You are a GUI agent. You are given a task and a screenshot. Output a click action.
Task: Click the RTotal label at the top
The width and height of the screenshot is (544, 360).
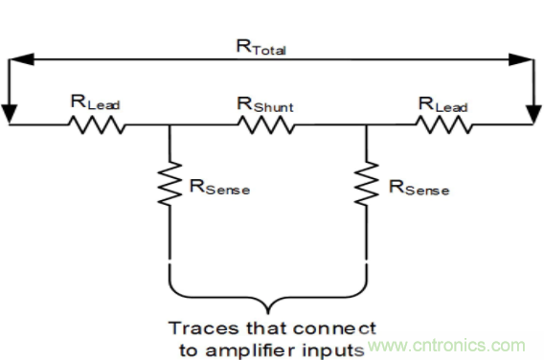coord(261,47)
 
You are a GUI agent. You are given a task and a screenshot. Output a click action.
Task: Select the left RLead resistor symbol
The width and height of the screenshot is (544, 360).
coord(97,124)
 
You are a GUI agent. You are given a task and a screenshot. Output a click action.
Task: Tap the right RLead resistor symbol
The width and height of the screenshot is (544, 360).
coord(444,124)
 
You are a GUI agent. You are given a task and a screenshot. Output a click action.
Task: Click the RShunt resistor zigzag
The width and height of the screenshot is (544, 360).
coord(266,124)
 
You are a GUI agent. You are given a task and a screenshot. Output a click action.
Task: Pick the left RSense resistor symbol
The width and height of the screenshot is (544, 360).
coord(170,184)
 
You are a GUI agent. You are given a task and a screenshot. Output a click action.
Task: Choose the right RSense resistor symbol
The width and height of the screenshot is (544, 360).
coord(367,184)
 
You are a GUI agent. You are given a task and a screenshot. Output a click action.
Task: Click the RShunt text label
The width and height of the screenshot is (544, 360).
coord(265,104)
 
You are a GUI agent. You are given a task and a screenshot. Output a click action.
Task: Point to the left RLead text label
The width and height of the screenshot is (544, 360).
coord(96,102)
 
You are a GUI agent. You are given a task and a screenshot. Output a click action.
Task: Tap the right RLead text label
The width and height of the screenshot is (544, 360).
coord(443,104)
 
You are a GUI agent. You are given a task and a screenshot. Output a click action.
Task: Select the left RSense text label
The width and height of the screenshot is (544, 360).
coord(219,187)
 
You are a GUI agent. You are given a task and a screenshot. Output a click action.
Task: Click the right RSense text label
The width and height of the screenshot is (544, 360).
coord(419,188)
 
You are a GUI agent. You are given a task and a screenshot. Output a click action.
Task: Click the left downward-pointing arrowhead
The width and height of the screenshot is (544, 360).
coord(9,114)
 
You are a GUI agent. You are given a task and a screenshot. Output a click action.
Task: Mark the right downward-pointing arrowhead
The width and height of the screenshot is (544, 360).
coord(533,114)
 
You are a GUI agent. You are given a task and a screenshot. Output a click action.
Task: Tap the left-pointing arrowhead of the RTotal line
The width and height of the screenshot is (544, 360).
coord(21,59)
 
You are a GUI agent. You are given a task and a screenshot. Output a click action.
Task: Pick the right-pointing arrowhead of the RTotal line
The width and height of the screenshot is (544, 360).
coord(521,59)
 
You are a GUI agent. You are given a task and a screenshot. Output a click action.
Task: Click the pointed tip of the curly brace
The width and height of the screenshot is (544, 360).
coord(268,314)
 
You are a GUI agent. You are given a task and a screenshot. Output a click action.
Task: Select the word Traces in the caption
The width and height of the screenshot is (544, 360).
coord(204,328)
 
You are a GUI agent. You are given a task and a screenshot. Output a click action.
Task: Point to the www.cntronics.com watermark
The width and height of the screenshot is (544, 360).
coord(446,346)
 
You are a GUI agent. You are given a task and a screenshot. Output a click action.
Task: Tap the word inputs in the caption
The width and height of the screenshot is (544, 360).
coord(333,351)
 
